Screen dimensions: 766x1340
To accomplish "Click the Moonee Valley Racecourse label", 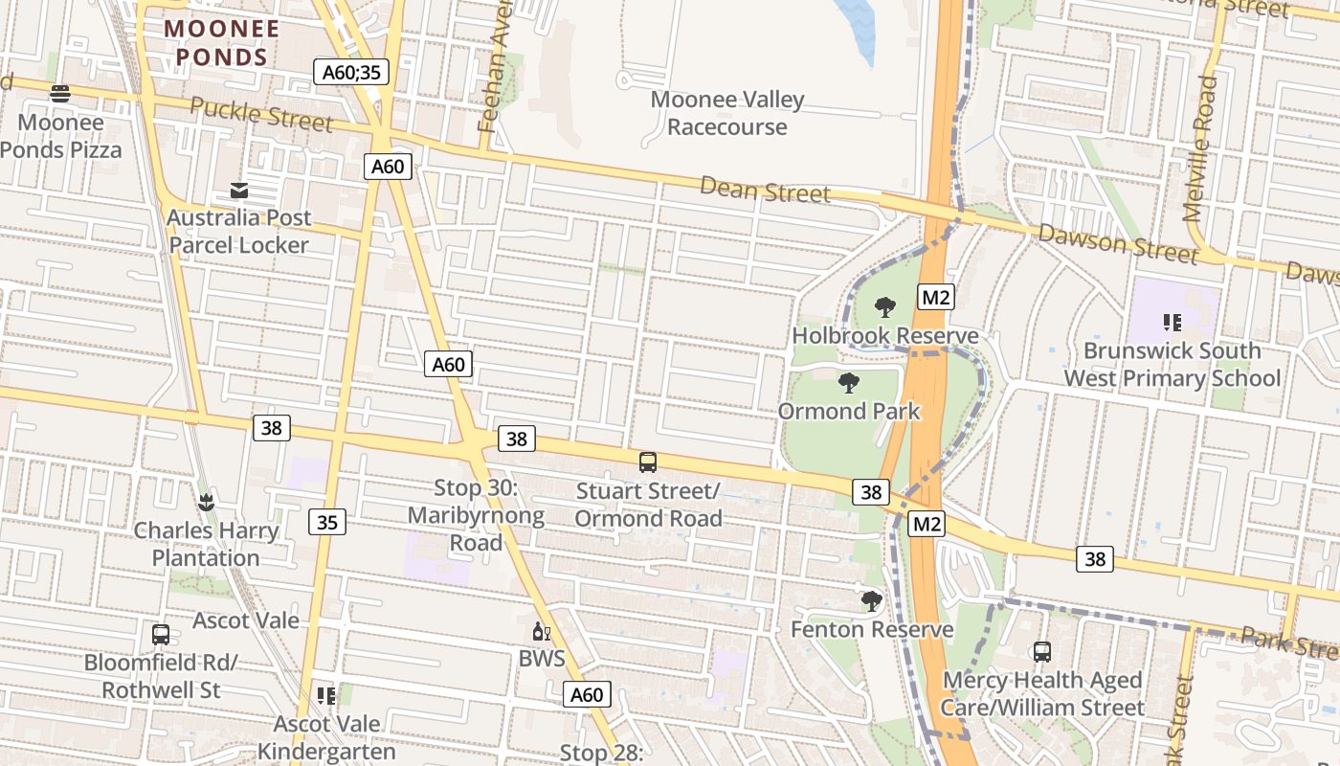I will pos(727,113).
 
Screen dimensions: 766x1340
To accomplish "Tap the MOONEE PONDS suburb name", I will pos(221,43).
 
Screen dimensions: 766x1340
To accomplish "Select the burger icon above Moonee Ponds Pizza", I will pos(60,94).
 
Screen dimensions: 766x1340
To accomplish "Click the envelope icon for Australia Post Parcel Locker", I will pos(239,191).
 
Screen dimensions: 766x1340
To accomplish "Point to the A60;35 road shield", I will pos(351,72).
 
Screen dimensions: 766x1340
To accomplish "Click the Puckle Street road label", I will pos(261,114).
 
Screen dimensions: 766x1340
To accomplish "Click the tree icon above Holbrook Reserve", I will pos(885,307).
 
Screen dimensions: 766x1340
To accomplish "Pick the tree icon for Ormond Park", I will pos(848,383).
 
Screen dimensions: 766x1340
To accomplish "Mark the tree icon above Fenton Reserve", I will pos(871,601).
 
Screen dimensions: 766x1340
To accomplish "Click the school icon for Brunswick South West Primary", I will pos(1172,323).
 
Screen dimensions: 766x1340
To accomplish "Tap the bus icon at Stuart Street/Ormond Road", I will pos(648,462).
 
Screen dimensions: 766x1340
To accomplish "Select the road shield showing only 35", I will pos(327,522).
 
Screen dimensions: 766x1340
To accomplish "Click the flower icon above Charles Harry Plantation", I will pos(206,502).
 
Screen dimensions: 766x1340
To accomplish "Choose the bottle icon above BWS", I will pos(542,632).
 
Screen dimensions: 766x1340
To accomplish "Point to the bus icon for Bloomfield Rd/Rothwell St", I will pos(161,634).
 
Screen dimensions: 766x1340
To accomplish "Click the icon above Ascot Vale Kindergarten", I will pos(326,695).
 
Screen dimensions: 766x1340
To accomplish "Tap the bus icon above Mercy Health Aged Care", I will pos(1042,652).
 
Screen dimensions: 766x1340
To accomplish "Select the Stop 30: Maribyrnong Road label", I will pos(476,515).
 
